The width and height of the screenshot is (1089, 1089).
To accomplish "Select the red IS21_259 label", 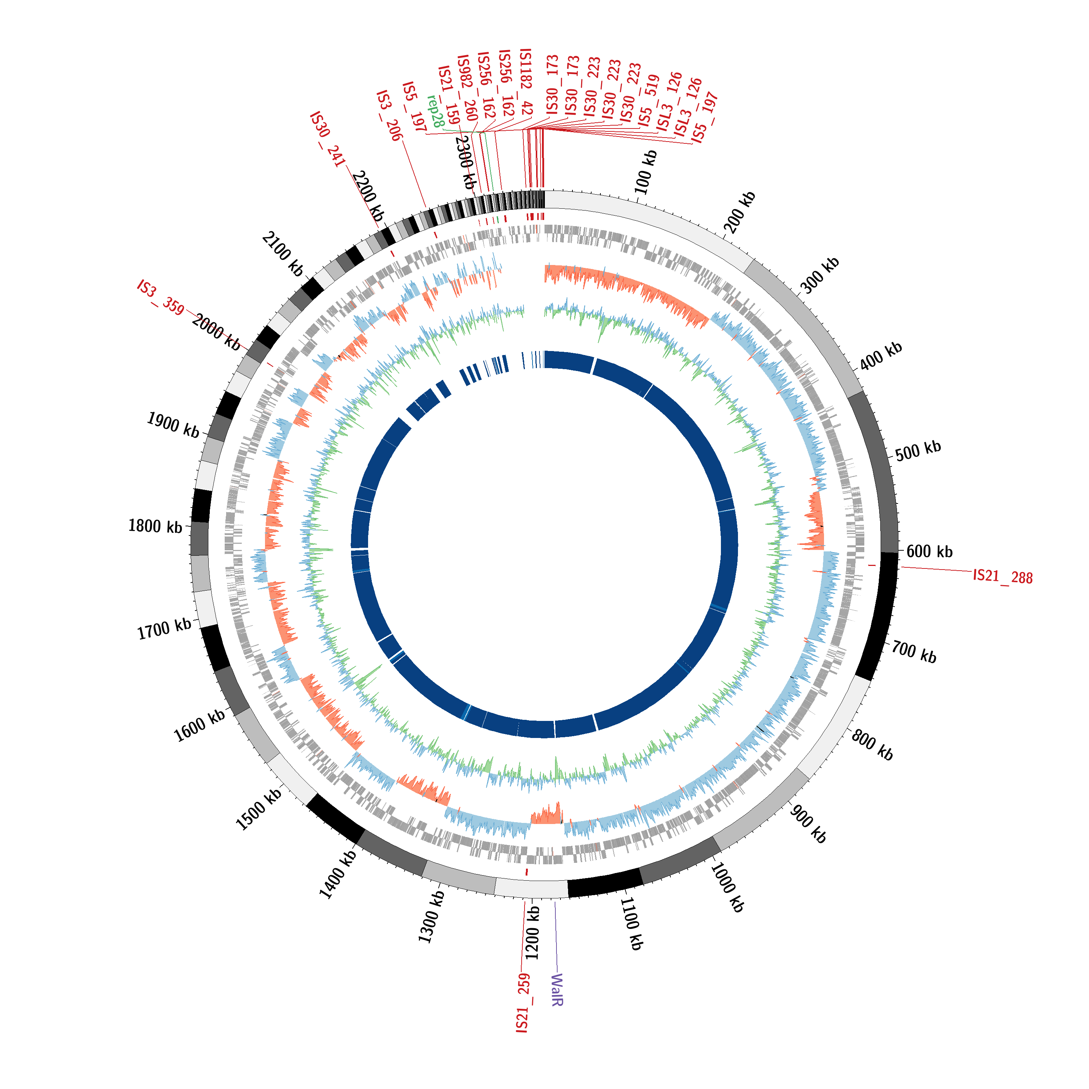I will (523, 1003).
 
